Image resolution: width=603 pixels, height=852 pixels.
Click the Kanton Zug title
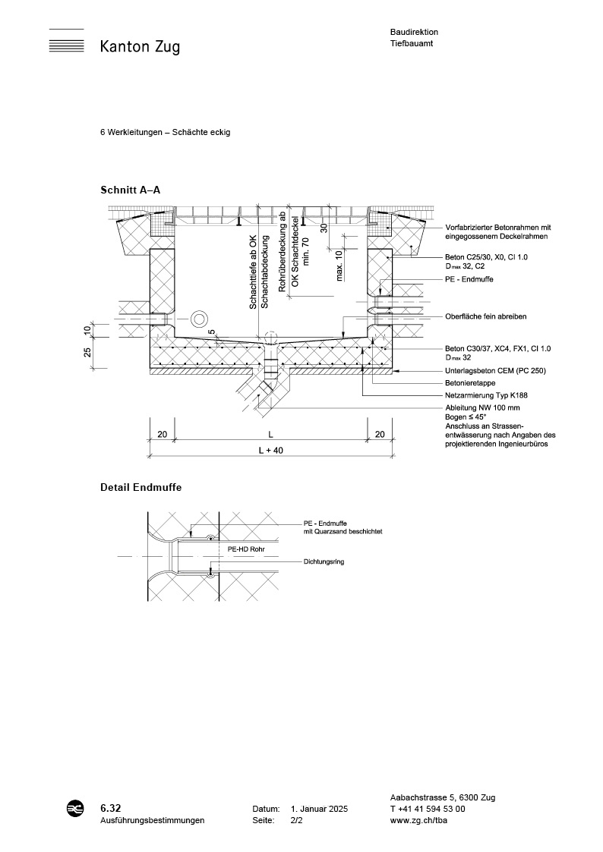coord(140,47)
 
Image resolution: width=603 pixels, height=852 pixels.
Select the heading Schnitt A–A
coord(130,190)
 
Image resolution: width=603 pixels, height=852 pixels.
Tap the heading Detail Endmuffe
coord(140,487)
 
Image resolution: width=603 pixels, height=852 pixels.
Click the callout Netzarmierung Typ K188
coord(485,396)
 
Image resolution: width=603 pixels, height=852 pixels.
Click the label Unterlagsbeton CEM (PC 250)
coord(495,371)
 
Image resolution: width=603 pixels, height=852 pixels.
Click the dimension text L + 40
coord(270,451)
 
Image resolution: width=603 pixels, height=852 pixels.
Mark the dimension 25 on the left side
coord(87,351)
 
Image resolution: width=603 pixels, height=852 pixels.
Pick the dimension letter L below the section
coord(271,433)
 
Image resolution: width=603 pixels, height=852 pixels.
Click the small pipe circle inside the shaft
coord(200,317)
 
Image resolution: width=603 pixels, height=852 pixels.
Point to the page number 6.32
coord(111,809)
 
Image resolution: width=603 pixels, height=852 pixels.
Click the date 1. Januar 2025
coord(319,810)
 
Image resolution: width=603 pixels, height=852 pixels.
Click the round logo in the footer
coord(76,810)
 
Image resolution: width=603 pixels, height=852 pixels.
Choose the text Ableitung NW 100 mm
coord(482,408)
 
